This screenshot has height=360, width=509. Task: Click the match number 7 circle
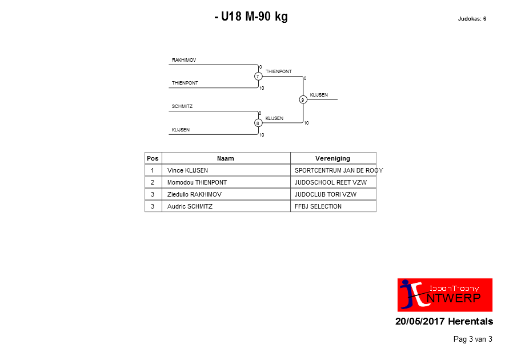click(258, 76)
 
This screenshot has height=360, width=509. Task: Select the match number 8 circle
click(258, 123)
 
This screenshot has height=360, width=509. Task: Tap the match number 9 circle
click(303, 99)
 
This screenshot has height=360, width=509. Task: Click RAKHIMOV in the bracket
click(184, 60)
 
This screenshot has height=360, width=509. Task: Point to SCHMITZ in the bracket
click(182, 106)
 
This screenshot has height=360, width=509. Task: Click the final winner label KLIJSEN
click(319, 95)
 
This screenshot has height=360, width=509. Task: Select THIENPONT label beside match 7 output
click(279, 71)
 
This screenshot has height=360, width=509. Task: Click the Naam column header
click(226, 158)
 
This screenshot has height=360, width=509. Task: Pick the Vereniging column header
click(332, 158)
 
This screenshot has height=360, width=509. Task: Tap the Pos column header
click(153, 158)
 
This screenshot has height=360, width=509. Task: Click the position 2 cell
click(153, 182)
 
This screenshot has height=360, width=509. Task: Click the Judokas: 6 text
click(472, 19)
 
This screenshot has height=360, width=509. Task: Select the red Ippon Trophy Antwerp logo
click(445, 295)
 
